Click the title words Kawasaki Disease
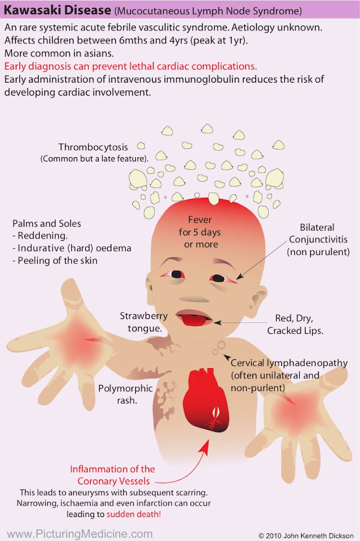point(57,10)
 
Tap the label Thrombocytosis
point(93,147)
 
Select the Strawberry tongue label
point(144,322)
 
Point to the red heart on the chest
point(206,400)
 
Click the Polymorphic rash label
point(126,394)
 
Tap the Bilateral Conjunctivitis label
point(318,239)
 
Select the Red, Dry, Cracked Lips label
point(295,324)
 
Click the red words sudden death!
point(134,514)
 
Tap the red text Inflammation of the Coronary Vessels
point(113,475)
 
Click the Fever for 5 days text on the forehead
point(200,232)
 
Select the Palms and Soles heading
point(47,223)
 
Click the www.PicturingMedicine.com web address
point(80,534)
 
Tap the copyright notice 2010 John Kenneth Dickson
point(306,536)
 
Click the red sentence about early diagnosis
point(131,66)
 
